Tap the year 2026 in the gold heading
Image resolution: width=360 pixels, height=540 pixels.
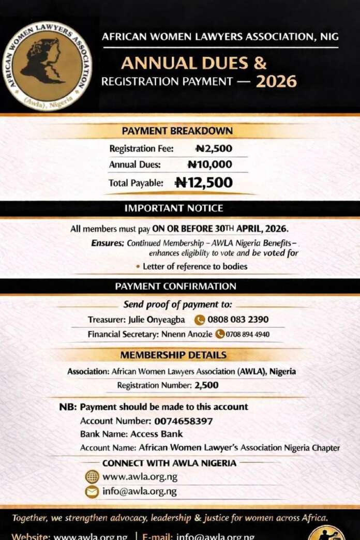276,81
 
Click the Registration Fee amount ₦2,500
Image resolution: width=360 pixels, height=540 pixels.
214,148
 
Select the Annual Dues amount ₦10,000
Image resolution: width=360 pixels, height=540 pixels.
209,164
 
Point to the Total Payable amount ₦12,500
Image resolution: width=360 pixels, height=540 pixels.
204,182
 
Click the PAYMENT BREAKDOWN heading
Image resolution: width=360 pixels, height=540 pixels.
177,131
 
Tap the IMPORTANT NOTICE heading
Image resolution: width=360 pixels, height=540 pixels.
174,208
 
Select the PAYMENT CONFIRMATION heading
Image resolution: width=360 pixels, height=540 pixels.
175,286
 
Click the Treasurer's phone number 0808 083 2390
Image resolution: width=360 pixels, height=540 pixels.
238,319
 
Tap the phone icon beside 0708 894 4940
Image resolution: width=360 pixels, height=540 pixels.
220,334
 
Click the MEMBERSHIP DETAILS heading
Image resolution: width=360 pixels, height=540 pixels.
173,355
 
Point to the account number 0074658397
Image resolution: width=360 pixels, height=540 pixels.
183,421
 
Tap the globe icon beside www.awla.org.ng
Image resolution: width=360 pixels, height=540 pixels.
92,477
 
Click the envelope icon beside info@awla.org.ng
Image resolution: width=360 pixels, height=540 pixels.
92,491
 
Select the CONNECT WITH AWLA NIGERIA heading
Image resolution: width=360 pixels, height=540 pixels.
169,463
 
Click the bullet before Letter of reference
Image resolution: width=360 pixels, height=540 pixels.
138,266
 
